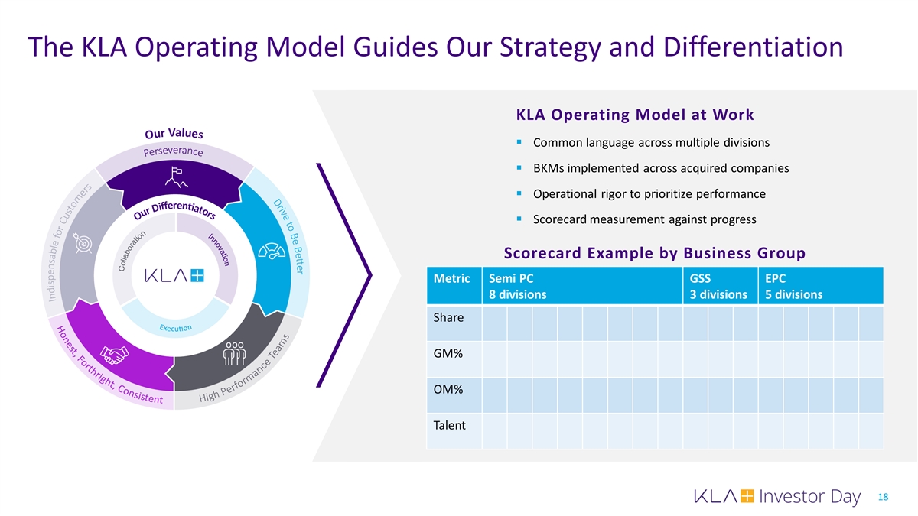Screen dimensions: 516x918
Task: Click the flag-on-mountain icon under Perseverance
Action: coord(175,178)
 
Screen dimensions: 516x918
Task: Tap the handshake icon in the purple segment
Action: coord(117,355)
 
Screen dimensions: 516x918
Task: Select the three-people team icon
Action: coord(233,355)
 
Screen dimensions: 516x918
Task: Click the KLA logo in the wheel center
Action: coord(174,276)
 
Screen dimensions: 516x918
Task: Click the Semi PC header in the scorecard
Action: coord(506,279)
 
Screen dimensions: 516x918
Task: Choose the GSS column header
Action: coord(701,279)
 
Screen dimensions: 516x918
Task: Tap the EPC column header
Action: coord(775,279)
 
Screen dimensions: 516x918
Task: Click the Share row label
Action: coord(448,317)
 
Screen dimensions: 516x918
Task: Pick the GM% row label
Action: coord(448,354)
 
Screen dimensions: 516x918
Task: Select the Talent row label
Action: coord(449,425)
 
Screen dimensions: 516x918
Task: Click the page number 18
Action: coord(883,498)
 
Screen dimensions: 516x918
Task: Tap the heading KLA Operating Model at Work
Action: coord(635,115)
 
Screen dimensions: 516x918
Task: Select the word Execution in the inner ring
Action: coord(175,328)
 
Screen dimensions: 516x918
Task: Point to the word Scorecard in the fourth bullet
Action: coord(562,219)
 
